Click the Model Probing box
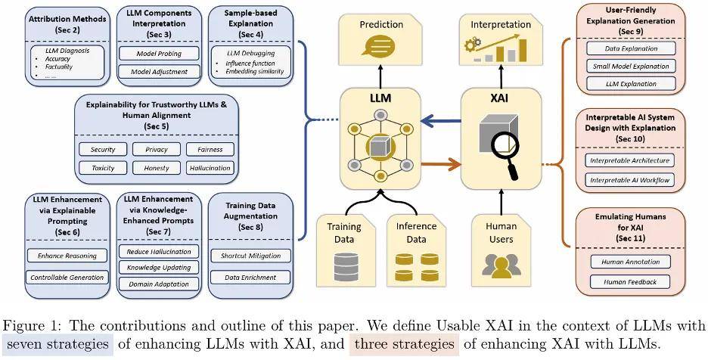coord(159,53)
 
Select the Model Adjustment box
coord(159,71)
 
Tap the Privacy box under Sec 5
coord(157,149)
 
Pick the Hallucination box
coord(210,168)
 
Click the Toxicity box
coord(103,168)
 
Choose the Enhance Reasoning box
coord(67,255)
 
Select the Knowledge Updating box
coord(159,268)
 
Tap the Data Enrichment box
coord(250,278)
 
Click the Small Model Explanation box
coord(631,66)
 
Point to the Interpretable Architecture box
coord(630,160)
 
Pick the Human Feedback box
coord(630,282)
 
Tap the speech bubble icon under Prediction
coord(380,45)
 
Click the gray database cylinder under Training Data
coord(346,267)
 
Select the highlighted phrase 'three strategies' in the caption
coord(404,344)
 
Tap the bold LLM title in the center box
coord(380,98)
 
